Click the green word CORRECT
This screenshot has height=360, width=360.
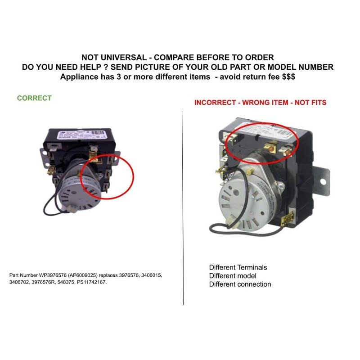point(34,98)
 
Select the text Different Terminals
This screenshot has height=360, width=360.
point(238,267)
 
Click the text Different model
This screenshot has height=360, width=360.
point(233,276)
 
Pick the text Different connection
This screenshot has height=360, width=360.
point(240,284)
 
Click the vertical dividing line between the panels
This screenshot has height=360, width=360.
point(183,202)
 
